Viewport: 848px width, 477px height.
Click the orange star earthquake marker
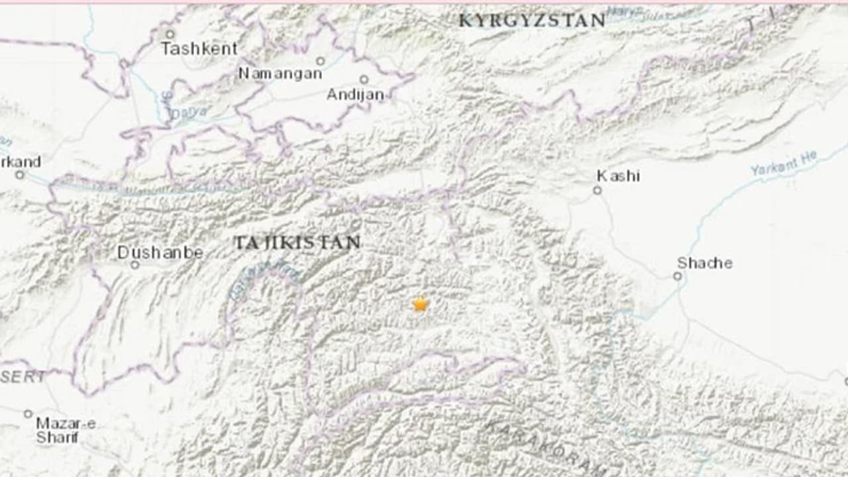pyautogui.click(x=420, y=304)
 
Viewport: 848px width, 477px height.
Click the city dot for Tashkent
pyautogui.click(x=170, y=33)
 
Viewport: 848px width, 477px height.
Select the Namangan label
pyautogui.click(x=280, y=74)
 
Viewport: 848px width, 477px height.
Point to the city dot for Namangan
pyautogui.click(x=320, y=61)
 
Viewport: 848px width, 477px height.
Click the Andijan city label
pyautogui.click(x=355, y=95)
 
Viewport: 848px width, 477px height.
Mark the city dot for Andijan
pyautogui.click(x=364, y=79)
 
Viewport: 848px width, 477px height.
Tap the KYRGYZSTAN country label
pyautogui.click(x=532, y=21)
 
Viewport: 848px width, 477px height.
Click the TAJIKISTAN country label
pyautogui.click(x=297, y=242)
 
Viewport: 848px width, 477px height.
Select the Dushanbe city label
pyautogui.click(x=160, y=252)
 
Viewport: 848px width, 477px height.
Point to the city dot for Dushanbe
pyautogui.click(x=134, y=265)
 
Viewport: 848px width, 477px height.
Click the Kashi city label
pyautogui.click(x=618, y=176)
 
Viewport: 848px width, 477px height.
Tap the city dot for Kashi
pyautogui.click(x=597, y=190)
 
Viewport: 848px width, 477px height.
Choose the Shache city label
pyautogui.click(x=705, y=263)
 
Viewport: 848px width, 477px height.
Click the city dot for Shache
pyautogui.click(x=678, y=276)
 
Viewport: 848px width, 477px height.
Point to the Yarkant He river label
pyautogui.click(x=784, y=163)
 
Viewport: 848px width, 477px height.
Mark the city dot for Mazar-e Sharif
pyautogui.click(x=28, y=414)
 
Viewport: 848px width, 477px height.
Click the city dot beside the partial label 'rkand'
pyautogui.click(x=20, y=175)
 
